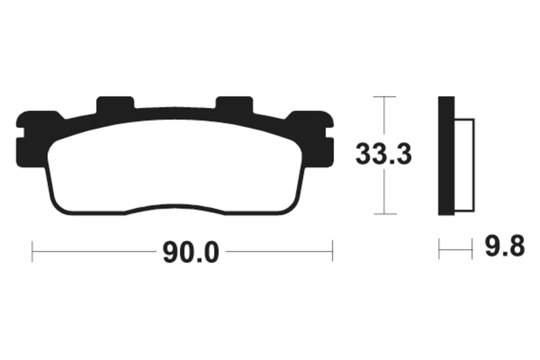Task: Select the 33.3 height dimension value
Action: (x=383, y=155)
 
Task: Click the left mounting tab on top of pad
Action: (x=115, y=105)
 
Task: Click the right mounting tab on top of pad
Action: (x=234, y=105)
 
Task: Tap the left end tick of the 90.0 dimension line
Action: (x=32, y=251)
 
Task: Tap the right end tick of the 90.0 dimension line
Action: (x=332, y=251)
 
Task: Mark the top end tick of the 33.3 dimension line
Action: (x=384, y=97)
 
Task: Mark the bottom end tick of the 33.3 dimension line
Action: (x=384, y=215)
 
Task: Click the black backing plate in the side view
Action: (x=446, y=156)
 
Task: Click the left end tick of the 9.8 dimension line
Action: (x=439, y=249)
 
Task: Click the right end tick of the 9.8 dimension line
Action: (x=472, y=249)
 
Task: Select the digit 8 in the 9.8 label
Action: (x=516, y=248)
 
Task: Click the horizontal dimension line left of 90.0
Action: (x=94, y=252)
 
